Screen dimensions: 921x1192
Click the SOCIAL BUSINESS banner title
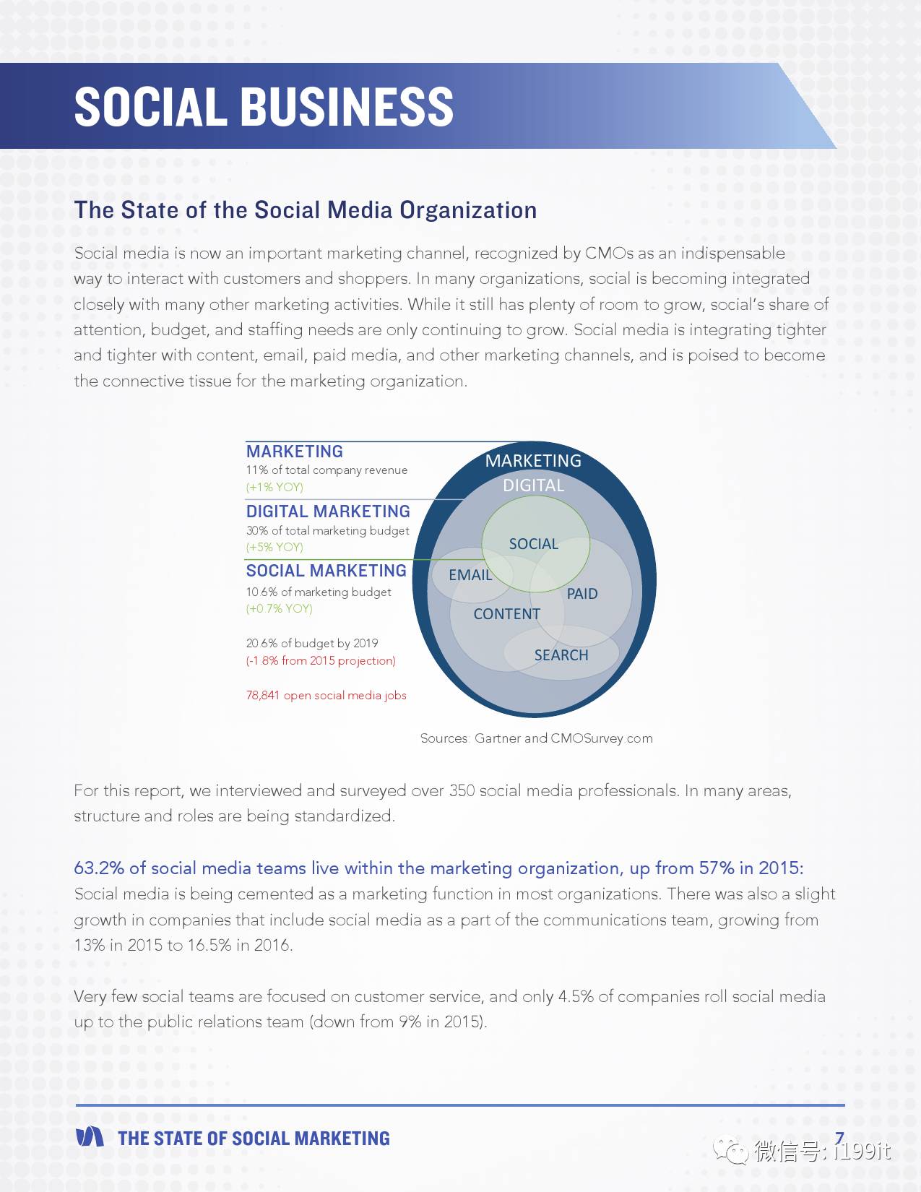pos(264,107)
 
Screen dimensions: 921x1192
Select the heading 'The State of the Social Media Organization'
pos(306,210)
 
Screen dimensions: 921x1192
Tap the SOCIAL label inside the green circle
pos(533,543)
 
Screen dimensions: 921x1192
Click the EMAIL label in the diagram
pos(470,575)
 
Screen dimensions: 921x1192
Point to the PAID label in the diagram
pos(582,594)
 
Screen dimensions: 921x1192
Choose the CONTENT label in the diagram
pos(507,614)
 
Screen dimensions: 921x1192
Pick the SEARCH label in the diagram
pos(561,655)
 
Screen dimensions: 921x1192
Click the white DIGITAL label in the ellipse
pos(533,485)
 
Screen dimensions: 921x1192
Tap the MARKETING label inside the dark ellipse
pos(533,461)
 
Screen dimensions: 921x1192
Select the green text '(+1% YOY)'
pos(274,487)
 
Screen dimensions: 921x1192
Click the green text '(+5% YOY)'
pos(274,547)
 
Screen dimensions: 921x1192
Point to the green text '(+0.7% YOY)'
pos(280,608)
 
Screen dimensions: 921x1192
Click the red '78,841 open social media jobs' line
pos(327,695)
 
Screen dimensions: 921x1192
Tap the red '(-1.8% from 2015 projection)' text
pos(321,660)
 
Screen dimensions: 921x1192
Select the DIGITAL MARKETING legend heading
pos(328,511)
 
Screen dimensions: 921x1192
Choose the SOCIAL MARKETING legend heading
pos(327,571)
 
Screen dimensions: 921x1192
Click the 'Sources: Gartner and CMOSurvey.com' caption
pos(537,738)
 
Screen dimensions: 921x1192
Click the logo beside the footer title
pos(90,1136)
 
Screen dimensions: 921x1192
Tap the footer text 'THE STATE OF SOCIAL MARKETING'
pos(254,1139)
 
